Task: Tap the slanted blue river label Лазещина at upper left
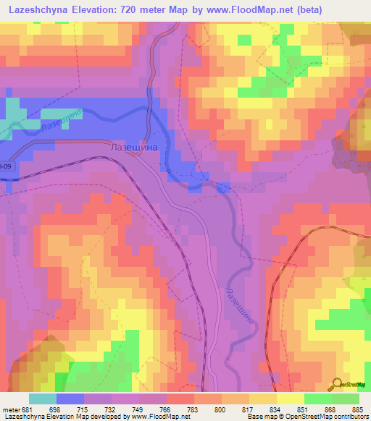pyautogui.click(x=61, y=120)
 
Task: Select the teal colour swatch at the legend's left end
pyautogui.click(x=42, y=399)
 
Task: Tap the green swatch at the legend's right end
pyautogui.click(x=346, y=399)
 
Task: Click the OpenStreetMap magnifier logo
pyautogui.click(x=338, y=384)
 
